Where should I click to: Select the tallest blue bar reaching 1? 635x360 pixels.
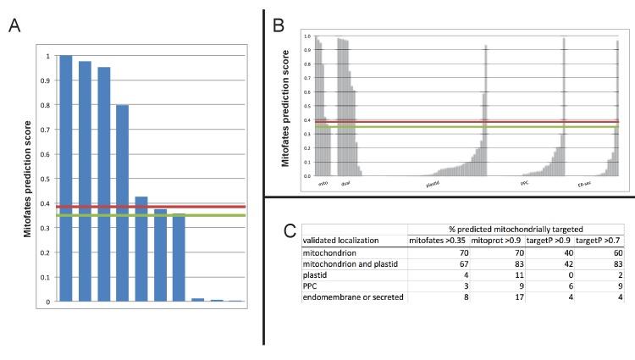[x=65, y=178]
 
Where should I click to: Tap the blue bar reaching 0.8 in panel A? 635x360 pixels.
[x=122, y=203]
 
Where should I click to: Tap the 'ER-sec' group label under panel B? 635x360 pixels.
[x=584, y=183]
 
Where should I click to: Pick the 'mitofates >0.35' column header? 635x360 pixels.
[x=436, y=241]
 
